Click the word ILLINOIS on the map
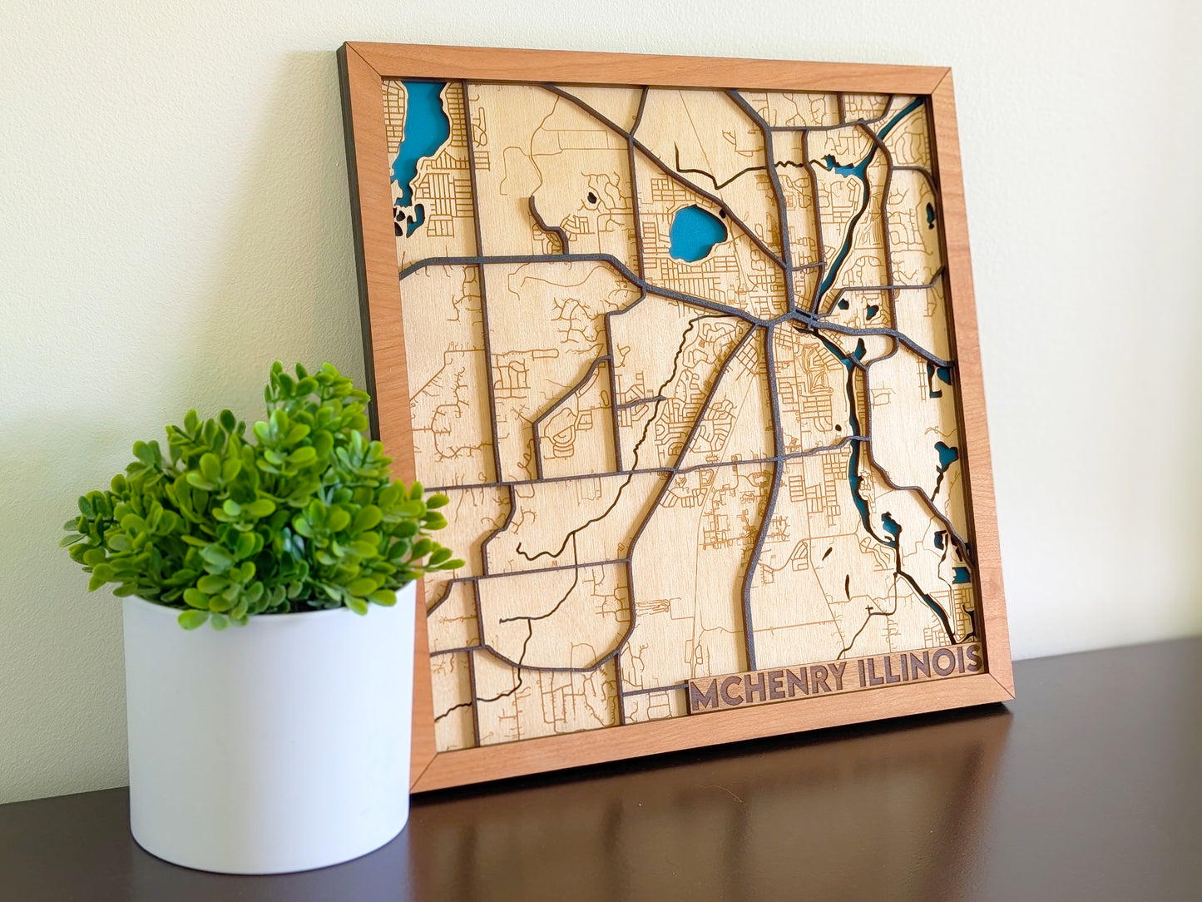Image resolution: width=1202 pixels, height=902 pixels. coord(919,663)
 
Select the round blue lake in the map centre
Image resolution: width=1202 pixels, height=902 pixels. coord(695,232)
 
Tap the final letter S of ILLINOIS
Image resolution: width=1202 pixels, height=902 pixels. coord(973,658)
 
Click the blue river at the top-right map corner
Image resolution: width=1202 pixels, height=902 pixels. coord(903,117)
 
